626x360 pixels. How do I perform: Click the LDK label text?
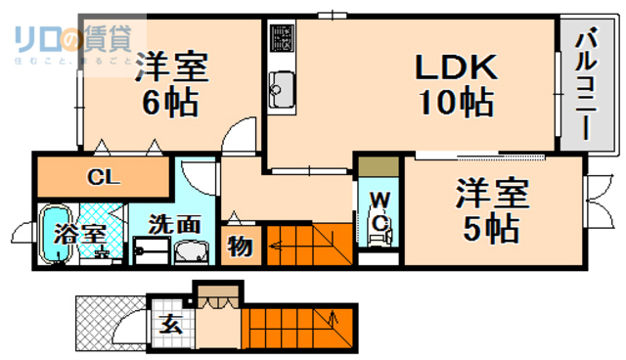pyautogui.click(x=458, y=67)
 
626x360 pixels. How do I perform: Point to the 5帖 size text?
pyautogui.click(x=490, y=228)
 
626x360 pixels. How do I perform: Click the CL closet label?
pyautogui.click(x=98, y=177)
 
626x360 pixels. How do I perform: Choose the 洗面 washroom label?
pyautogui.click(x=174, y=223)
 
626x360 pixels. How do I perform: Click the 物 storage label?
pyautogui.click(x=239, y=247)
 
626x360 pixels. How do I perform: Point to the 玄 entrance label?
pyautogui.click(x=170, y=326)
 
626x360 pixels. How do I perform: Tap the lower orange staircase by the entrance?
pyautogui.click(x=293, y=326)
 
